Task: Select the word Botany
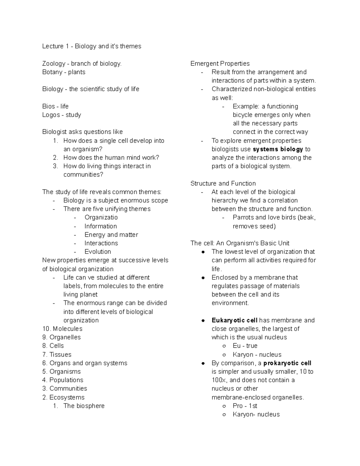tap(52, 72)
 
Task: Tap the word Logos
tap(51, 115)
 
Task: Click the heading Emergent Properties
tap(220, 64)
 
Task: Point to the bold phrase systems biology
tap(278, 149)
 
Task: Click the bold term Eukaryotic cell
tap(234, 320)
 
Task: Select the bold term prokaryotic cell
tap(287, 363)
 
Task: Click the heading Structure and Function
tap(223, 183)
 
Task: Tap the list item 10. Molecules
tap(62, 329)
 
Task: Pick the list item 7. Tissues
tap(57, 354)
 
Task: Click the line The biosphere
tap(84, 406)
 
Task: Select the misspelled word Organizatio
tap(101, 217)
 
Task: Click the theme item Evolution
tap(97, 251)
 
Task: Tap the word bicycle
tap(242, 115)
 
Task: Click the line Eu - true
tap(245, 346)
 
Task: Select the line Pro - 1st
tap(245, 406)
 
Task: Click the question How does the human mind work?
tap(111, 158)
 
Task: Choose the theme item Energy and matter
tap(111, 235)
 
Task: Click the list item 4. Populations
tap(63, 380)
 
